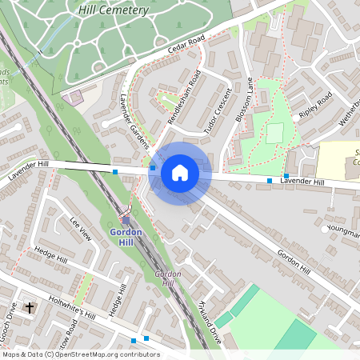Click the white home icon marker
pos(180,173)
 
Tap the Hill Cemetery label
pos(114,10)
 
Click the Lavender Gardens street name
pos(134,127)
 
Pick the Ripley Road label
pos(315,105)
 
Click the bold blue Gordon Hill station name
pos(126,237)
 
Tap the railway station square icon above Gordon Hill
pos(126,220)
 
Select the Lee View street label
pos(82,230)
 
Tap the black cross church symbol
pos(30,307)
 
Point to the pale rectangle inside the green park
pos(275,133)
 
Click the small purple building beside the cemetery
pos(77,98)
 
